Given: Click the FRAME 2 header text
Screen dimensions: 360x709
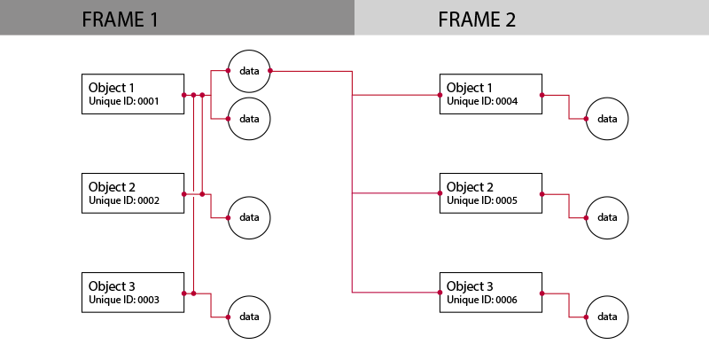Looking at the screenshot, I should pyautogui.click(x=477, y=20).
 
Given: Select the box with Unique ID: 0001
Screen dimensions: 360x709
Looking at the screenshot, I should pyautogui.click(x=133, y=94).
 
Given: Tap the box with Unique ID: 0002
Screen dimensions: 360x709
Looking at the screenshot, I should pyautogui.click(x=133, y=193).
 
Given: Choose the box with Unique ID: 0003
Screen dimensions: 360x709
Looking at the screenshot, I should pyautogui.click(x=133, y=292).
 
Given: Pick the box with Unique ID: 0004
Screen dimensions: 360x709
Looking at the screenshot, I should pyautogui.click(x=491, y=94).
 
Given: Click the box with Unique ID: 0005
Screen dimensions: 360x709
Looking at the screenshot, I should pyautogui.click(x=491, y=193).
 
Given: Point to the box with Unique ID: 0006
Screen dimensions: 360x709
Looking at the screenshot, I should pyautogui.click(x=491, y=292).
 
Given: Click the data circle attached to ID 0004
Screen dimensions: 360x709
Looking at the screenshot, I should pyautogui.click(x=607, y=119).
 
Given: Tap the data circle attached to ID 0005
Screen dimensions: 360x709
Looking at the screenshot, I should pyautogui.click(x=607, y=217).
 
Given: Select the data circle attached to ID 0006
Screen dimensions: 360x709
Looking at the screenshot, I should pyautogui.click(x=607, y=317).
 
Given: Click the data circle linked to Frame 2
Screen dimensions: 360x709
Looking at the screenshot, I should pyautogui.click(x=249, y=70).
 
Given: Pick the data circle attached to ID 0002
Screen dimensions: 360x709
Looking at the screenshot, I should pyautogui.click(x=249, y=217).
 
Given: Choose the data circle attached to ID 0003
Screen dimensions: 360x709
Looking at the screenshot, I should pyautogui.click(x=249, y=317).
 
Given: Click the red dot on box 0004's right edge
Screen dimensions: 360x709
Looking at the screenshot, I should pyautogui.click(x=541, y=94).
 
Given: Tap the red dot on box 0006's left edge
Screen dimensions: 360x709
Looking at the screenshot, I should pyautogui.click(x=440, y=292).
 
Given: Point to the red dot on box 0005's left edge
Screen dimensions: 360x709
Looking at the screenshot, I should pyautogui.click(x=440, y=193).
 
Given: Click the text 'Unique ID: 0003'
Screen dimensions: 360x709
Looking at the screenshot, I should pyautogui.click(x=124, y=300).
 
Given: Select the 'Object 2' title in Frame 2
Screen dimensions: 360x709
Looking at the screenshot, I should pyautogui.click(x=470, y=187).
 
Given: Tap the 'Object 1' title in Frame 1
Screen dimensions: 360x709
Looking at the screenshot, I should pyautogui.click(x=112, y=88).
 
